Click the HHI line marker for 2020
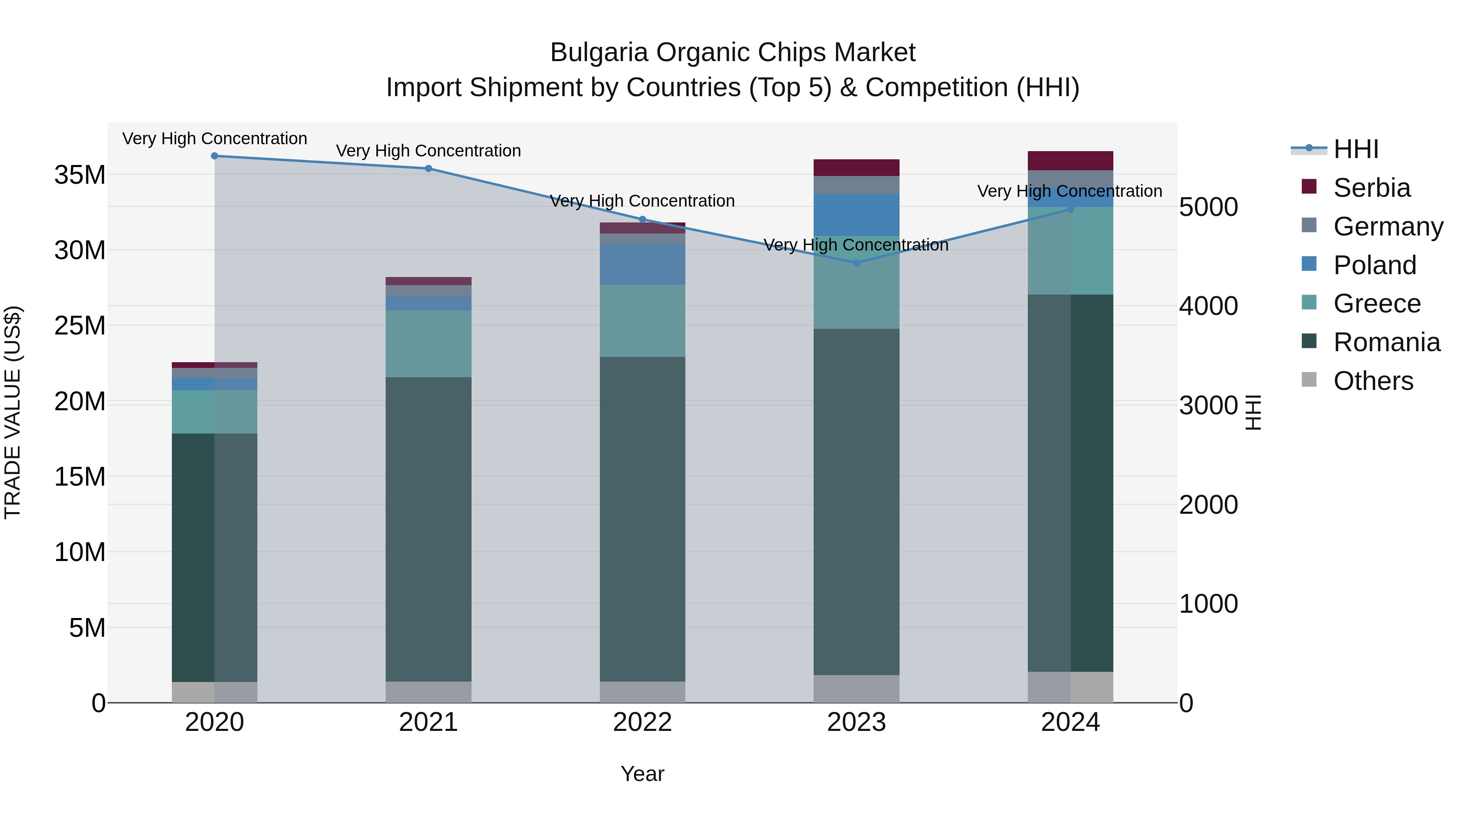point(215,156)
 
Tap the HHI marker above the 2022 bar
point(643,219)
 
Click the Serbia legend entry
point(1371,188)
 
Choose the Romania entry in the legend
point(1386,342)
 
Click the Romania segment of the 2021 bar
point(428,530)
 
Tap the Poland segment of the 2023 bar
point(856,215)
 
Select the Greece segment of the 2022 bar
point(643,321)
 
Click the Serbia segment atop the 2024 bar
point(1071,161)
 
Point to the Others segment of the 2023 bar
point(856,689)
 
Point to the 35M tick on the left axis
point(80,175)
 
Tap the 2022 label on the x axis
point(643,722)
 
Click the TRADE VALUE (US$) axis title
point(13,412)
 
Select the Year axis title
point(643,774)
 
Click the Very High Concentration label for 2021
point(428,151)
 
